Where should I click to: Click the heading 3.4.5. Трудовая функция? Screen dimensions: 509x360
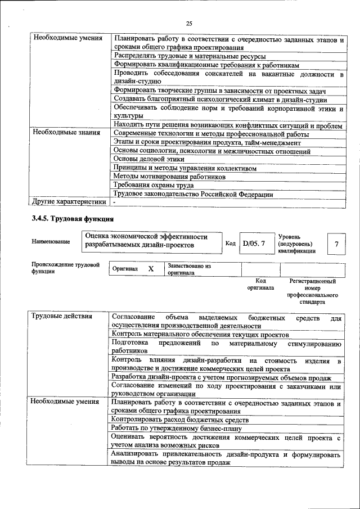click(73, 218)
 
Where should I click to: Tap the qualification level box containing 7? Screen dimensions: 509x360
click(336, 244)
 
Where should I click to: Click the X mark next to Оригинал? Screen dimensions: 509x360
click(151, 269)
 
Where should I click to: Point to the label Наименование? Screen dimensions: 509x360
click(51, 241)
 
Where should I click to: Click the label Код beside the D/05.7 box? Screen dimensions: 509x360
click(231, 244)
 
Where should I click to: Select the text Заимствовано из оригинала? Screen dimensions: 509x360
click(188, 269)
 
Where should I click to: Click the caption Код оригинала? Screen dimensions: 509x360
click(260, 283)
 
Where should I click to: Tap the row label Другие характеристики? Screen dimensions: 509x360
click(69, 201)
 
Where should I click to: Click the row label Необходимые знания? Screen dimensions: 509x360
click(66, 133)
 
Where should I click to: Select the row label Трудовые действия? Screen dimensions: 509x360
click(62, 316)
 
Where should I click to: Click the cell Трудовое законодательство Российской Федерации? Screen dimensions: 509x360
click(193, 194)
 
